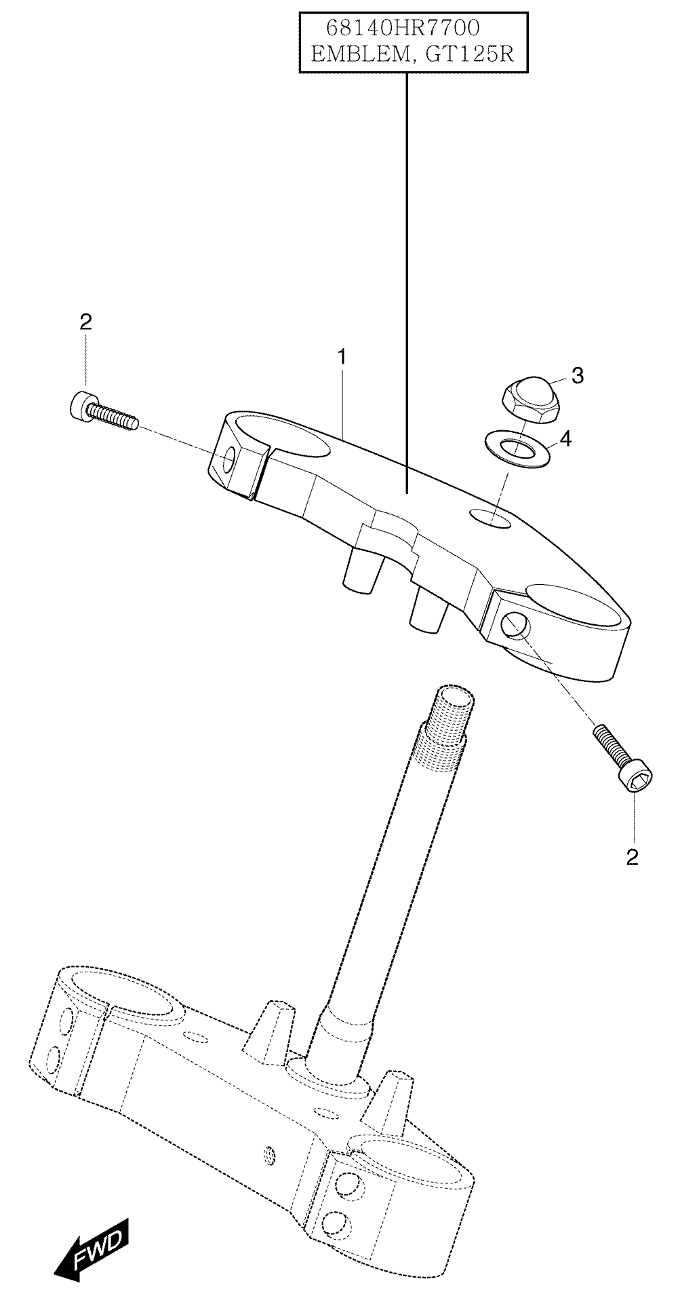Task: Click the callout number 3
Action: (x=577, y=376)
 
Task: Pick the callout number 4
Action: (x=565, y=439)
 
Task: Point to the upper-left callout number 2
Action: (x=85, y=322)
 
